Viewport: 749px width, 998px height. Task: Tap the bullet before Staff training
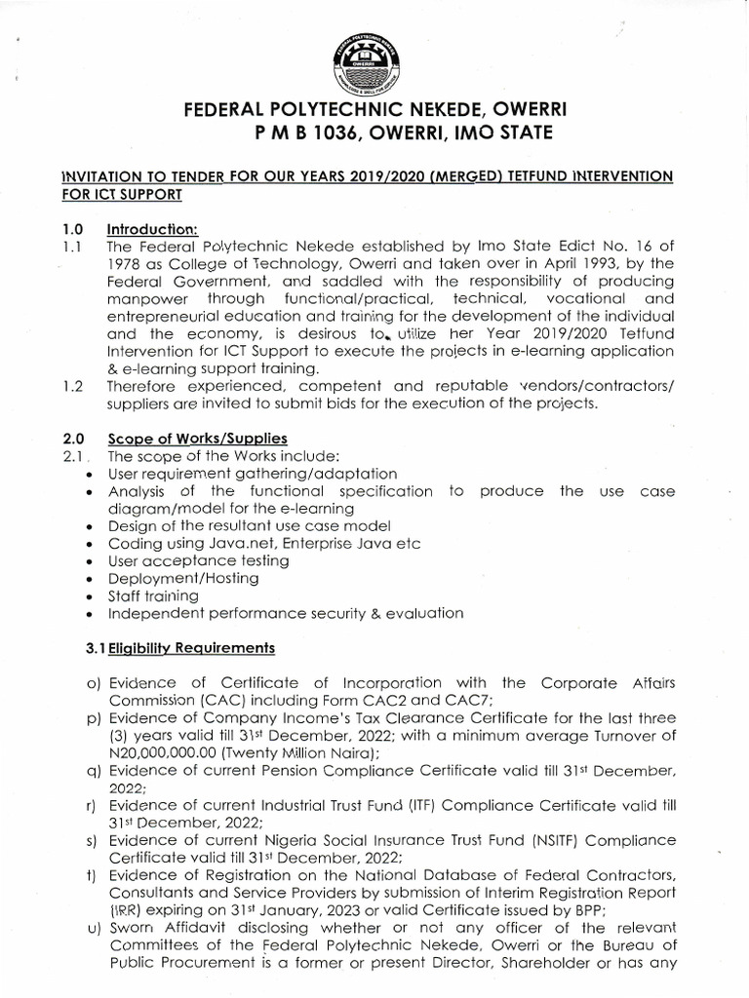[x=90, y=596]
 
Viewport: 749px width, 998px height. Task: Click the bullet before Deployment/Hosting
[x=90, y=579]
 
